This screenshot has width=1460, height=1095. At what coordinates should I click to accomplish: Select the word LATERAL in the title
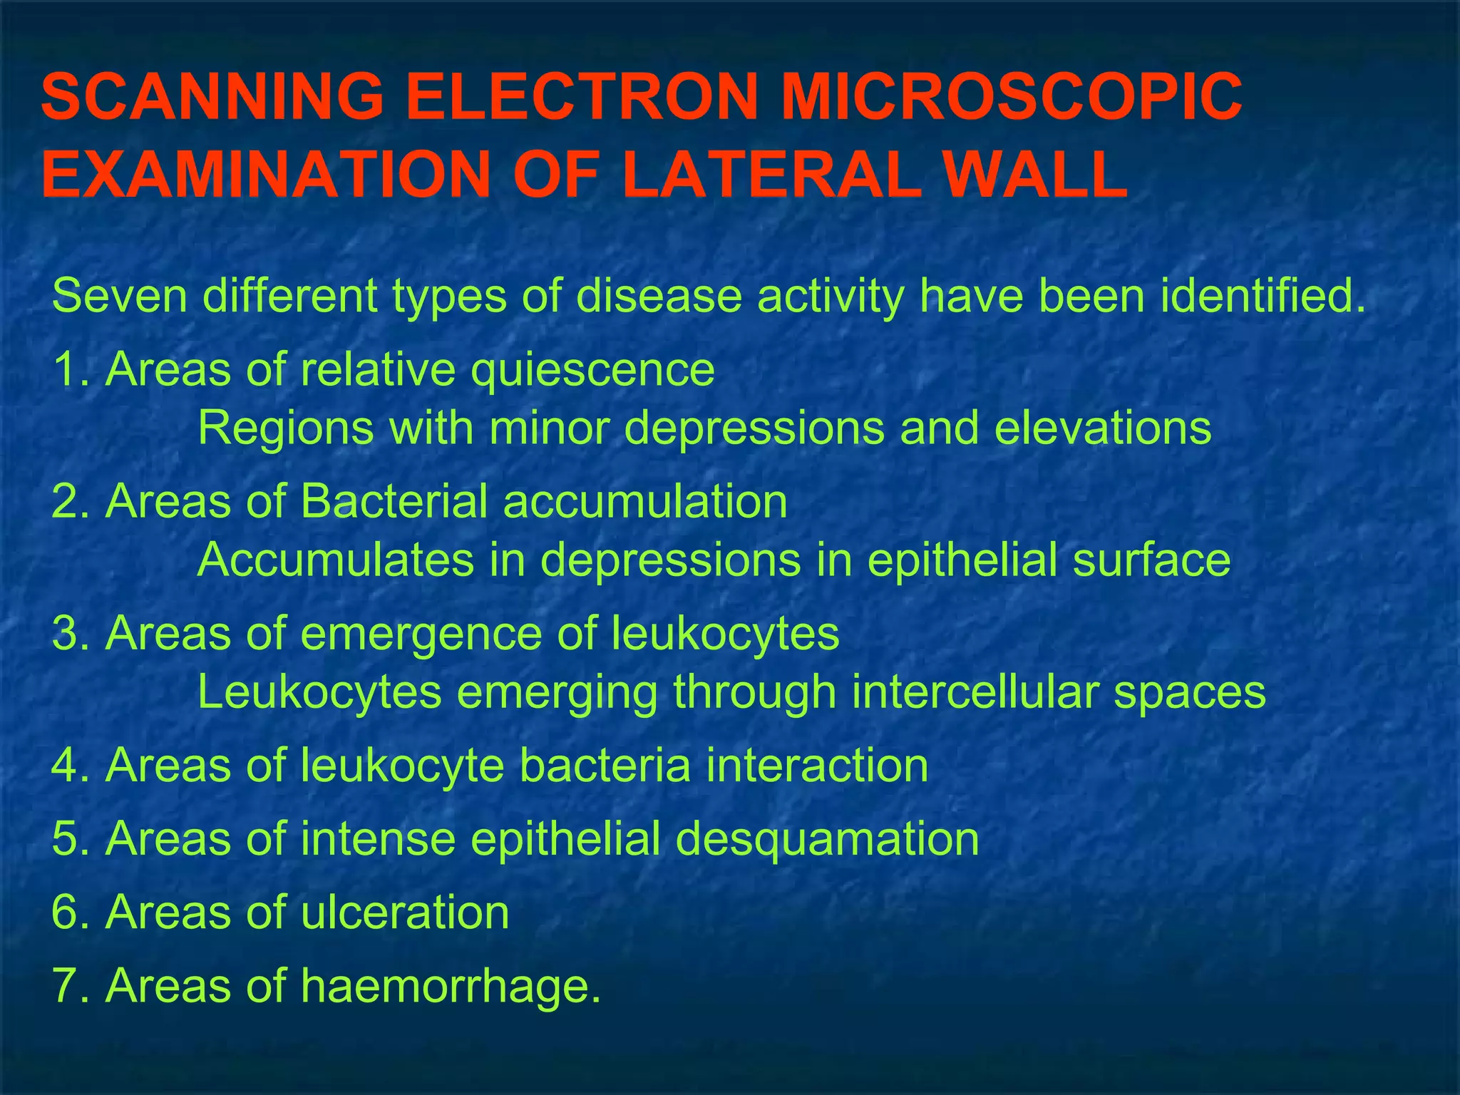point(771,175)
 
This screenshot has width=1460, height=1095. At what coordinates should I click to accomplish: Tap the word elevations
point(1102,428)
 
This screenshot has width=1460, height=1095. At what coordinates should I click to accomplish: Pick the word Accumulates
point(335,560)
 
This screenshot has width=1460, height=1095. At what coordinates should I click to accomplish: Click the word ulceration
point(405,912)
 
